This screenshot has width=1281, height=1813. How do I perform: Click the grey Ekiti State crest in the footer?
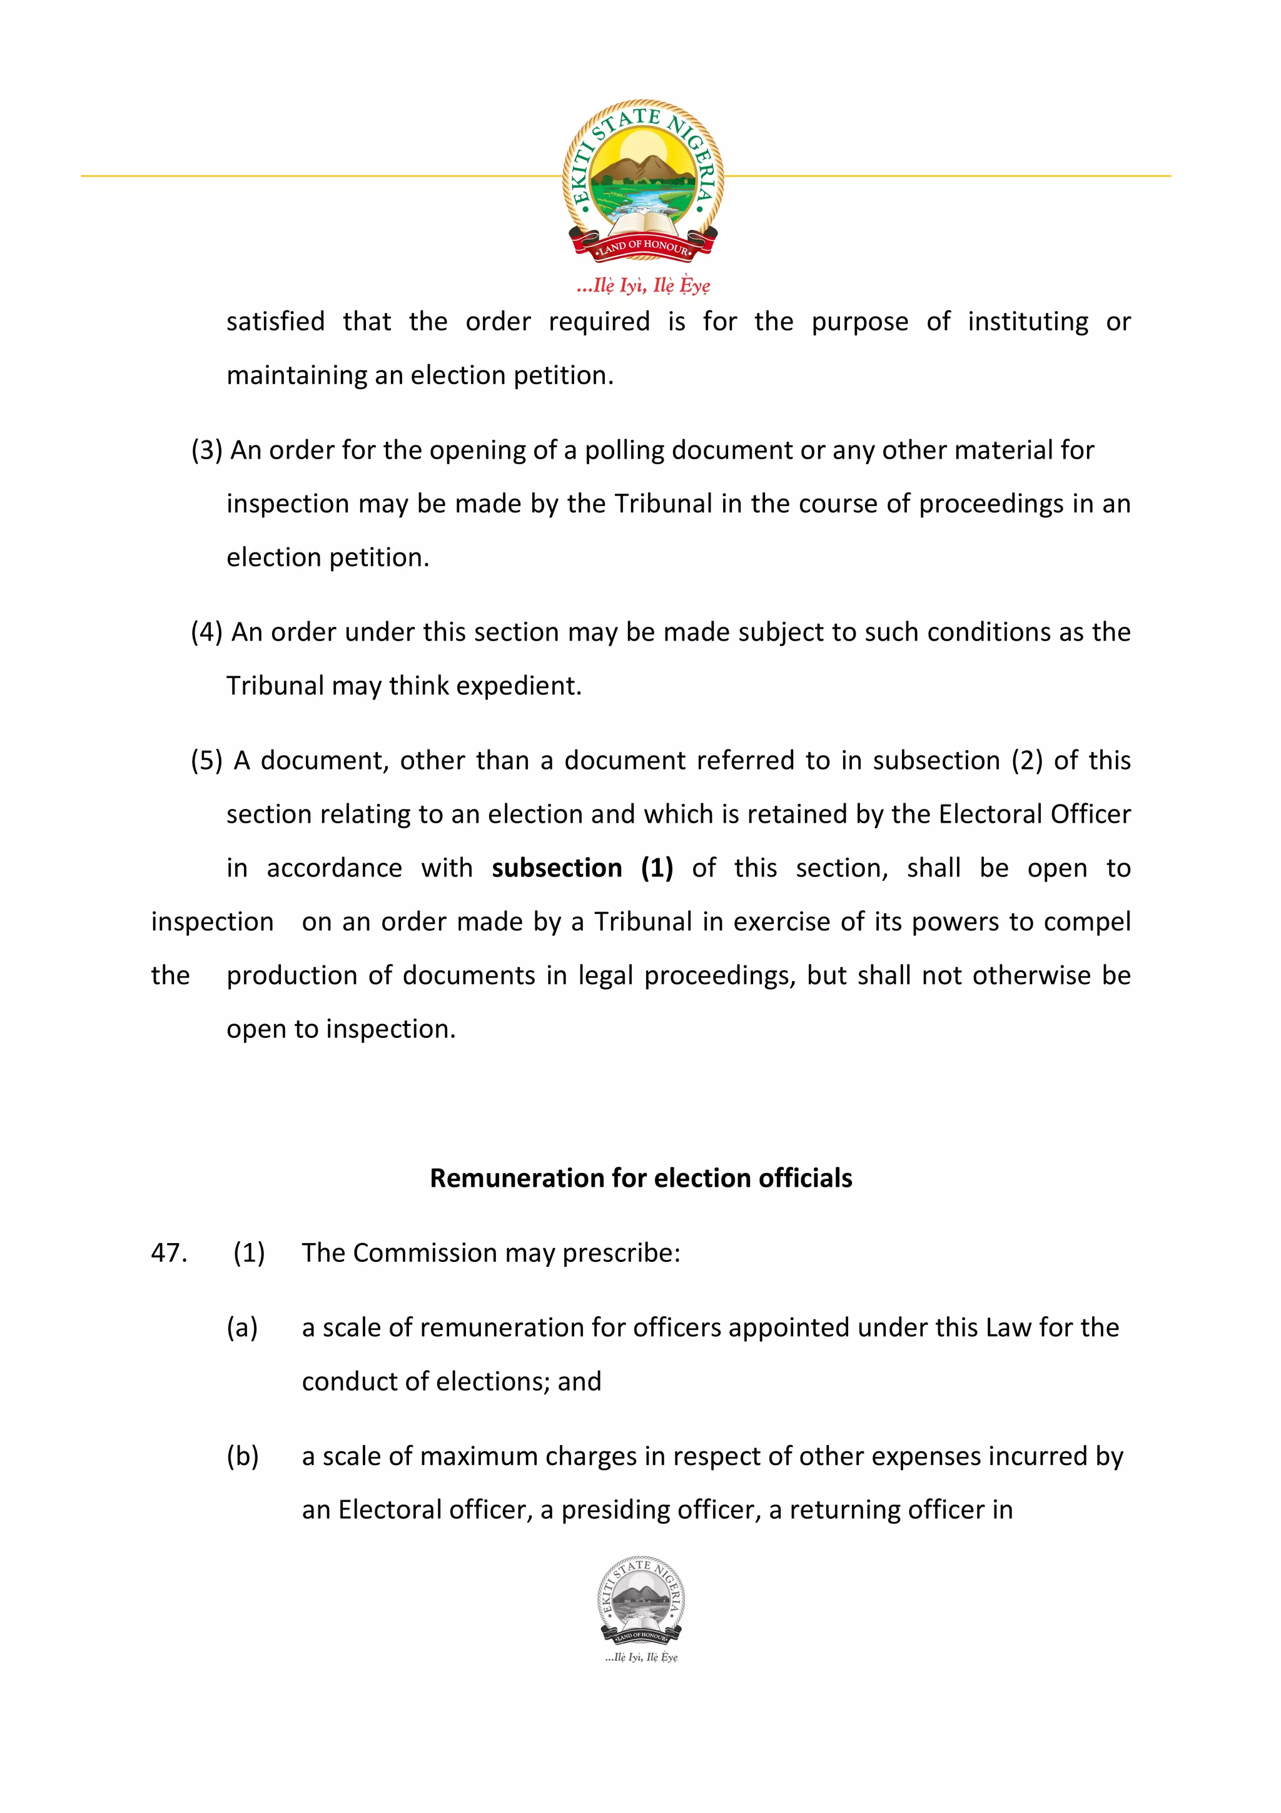tap(641, 1602)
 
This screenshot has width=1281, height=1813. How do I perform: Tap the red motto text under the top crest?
tap(642, 285)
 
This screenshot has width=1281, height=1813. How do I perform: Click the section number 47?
tap(169, 1252)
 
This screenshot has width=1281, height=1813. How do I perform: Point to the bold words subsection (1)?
tap(582, 868)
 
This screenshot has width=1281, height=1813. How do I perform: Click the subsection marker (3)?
tap(207, 450)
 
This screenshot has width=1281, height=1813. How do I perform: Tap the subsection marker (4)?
tap(207, 632)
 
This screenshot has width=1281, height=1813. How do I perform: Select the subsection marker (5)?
tap(207, 760)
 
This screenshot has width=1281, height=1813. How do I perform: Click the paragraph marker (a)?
tap(242, 1328)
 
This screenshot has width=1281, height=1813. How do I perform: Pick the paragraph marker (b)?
tap(242, 1456)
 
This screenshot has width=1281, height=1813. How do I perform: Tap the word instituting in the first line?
tap(1028, 322)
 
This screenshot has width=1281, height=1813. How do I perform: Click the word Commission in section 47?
tap(425, 1253)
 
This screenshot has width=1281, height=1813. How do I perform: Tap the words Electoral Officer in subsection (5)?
tap(1034, 814)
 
